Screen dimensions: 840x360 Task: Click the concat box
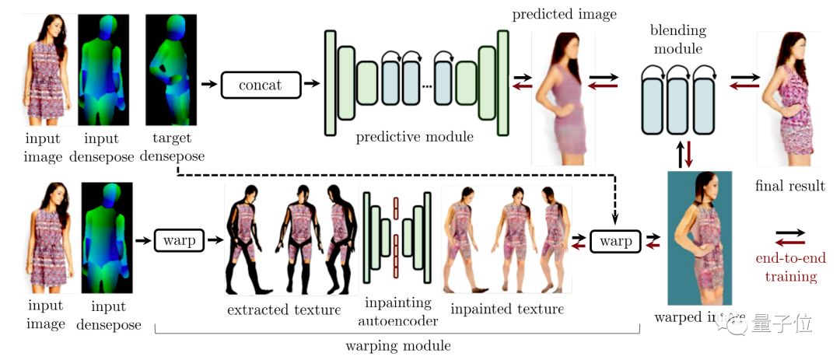tap(260, 84)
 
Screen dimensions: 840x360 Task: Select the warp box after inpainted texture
tap(615, 241)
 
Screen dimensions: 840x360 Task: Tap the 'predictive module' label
tap(415, 138)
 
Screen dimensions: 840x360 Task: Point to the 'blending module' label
tap(679, 40)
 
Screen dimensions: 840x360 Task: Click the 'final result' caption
tap(789, 186)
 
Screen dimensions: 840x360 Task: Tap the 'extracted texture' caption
tap(283, 310)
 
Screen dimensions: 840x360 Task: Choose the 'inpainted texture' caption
tap(506, 309)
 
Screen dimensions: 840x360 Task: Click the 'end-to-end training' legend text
tap(790, 267)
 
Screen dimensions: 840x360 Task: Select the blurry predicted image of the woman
tap(562, 97)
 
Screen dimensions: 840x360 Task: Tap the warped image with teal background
tap(699, 237)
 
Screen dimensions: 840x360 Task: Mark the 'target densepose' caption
tap(173, 148)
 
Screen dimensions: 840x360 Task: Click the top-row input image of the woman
tap(51, 70)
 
